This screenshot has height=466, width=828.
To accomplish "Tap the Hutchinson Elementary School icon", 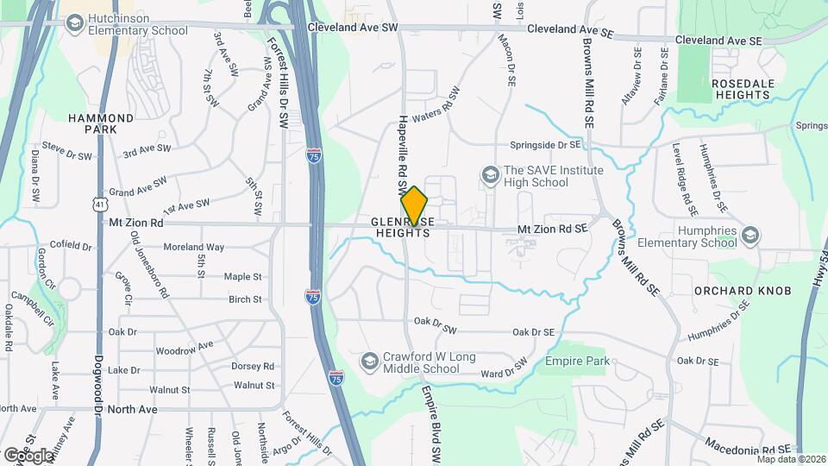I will (x=74, y=22).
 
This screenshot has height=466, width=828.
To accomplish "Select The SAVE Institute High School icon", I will (x=490, y=176).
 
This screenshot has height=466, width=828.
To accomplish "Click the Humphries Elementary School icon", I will (x=750, y=236).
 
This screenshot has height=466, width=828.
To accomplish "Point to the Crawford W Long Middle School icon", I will (x=369, y=360).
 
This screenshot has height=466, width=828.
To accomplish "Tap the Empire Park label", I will (x=577, y=361).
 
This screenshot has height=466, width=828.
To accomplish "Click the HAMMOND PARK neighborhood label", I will (x=102, y=123).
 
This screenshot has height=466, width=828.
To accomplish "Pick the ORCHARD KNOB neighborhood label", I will (x=743, y=291).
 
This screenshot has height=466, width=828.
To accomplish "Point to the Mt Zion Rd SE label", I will (x=552, y=229).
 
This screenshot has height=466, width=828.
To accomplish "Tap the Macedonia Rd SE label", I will (x=748, y=450).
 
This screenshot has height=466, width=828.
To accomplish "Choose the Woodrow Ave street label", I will (x=184, y=349).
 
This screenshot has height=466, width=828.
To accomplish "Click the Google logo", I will (x=27, y=455).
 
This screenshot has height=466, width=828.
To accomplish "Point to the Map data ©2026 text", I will (x=790, y=458).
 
